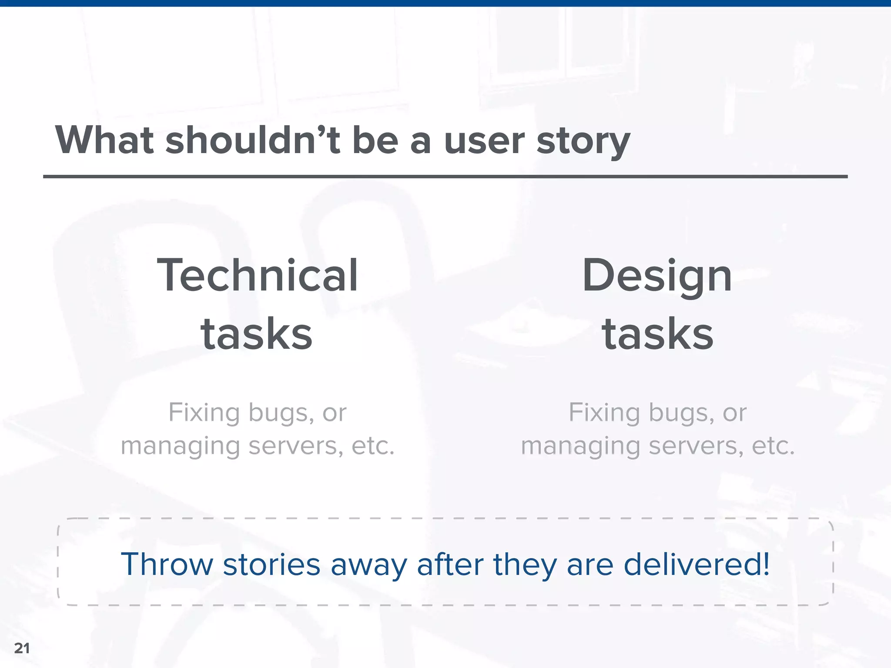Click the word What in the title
pos(104,140)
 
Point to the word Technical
pos(258,275)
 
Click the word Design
pos(657,276)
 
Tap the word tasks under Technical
pos(257,334)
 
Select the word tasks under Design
pos(657,334)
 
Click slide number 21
pos(22,648)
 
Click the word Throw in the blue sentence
pos(167,564)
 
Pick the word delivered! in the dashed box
pos(697,564)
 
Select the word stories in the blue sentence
pos(271,564)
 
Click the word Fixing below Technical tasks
pos(204,412)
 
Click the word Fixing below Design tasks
pos(604,412)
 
